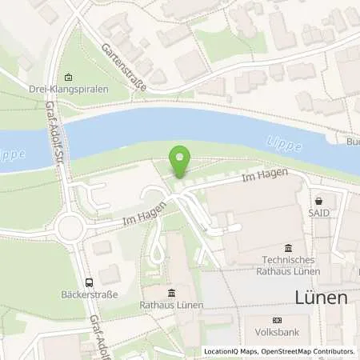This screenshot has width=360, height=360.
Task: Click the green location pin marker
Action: click(181, 159)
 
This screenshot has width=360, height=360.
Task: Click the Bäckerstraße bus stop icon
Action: click(88, 282)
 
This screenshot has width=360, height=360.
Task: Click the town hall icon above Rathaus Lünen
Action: click(171, 293)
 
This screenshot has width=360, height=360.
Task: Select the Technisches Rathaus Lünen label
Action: click(289, 265)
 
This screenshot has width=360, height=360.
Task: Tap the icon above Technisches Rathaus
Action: click(289, 246)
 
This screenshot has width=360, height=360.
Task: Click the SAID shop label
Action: click(319, 214)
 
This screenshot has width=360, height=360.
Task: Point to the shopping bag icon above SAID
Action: click(319, 201)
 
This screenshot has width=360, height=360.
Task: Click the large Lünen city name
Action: click(318, 298)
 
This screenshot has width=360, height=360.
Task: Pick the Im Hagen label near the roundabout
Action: click(144, 213)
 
